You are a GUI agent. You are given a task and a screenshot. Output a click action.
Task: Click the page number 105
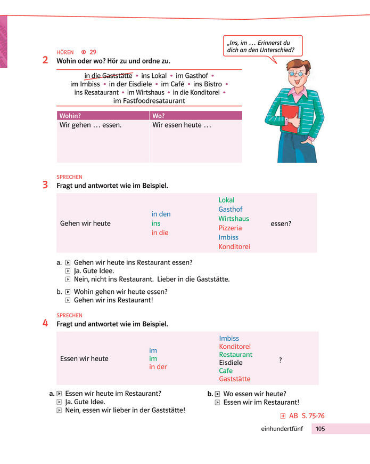[320, 429]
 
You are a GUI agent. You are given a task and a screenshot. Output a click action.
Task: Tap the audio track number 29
[93, 52]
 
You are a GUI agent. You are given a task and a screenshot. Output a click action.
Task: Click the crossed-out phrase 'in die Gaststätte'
[108, 76]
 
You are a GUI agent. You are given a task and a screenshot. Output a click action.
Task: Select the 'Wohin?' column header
[70, 116]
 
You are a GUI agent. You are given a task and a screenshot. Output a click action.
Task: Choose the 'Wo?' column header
[159, 116]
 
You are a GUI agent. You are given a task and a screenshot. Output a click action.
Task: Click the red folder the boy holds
[290, 118]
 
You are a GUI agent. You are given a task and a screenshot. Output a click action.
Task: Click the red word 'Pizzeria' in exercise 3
[230, 228]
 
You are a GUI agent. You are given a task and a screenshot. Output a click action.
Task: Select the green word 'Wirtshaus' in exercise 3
[234, 219]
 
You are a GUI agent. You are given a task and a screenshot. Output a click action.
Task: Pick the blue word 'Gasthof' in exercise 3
[230, 210]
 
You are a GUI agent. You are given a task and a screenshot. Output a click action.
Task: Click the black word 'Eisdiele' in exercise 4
[231, 363]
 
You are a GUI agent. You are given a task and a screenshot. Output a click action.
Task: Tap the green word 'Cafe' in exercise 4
[226, 371]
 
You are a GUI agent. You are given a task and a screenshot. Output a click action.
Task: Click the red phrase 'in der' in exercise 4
[158, 367]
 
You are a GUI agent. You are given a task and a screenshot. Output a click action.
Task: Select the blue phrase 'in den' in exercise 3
[161, 214]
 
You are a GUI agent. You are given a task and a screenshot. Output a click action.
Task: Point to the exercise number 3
[45, 185]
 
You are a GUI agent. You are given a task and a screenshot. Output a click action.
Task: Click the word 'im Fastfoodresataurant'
[149, 100]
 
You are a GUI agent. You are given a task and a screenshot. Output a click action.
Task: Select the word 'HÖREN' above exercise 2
[65, 52]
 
